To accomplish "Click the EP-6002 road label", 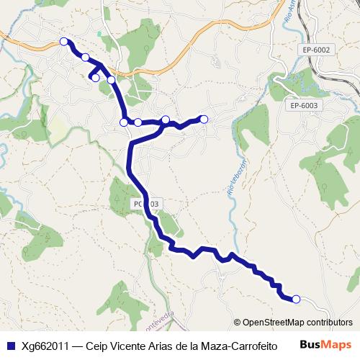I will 316,50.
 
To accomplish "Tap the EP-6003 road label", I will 305,105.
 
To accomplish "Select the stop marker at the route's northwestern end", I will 64,41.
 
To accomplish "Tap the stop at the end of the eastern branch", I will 204,119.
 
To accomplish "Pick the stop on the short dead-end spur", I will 95,77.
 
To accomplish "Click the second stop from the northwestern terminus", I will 86,58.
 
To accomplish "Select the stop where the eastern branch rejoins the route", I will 166,120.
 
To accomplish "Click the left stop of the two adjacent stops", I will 124,122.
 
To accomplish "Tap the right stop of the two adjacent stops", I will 138,122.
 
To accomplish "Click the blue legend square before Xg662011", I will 10,345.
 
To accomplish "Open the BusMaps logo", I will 326,344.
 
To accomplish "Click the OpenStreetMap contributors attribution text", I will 297,323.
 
